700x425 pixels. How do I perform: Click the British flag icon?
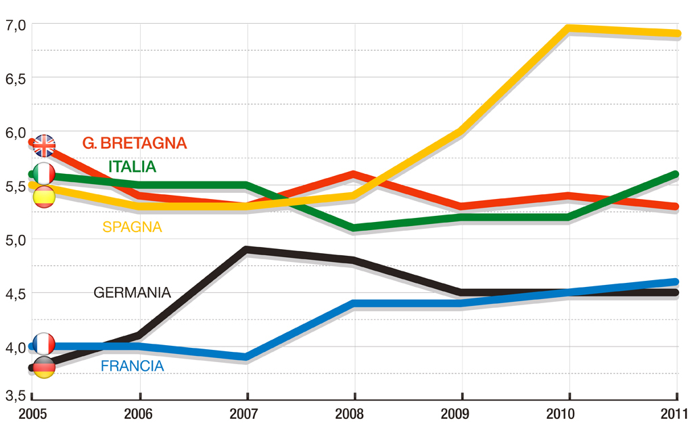click(45, 146)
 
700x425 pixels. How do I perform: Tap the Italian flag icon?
click(44, 174)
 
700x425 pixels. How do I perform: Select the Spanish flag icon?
click(44, 196)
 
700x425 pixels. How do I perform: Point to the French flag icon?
click(44, 344)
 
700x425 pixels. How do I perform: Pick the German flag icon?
click(44, 367)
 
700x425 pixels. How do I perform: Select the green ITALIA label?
click(132, 166)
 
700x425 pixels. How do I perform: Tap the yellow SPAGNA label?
click(132, 227)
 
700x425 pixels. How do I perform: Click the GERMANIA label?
click(132, 293)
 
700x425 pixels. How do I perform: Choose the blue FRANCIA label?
click(132, 366)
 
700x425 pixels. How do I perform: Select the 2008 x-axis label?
click(354, 413)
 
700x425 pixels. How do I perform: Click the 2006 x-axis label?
click(139, 413)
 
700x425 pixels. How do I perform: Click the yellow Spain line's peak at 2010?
click(568, 28)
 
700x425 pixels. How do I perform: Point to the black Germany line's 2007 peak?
click(248, 250)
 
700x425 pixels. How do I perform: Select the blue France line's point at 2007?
click(248, 357)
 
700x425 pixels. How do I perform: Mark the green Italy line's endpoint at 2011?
click(676, 175)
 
